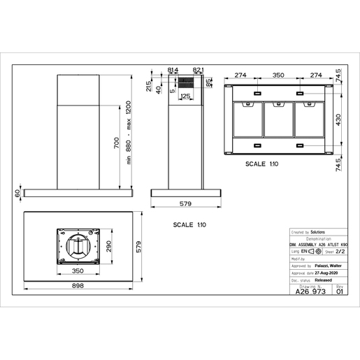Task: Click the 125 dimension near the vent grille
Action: pyautogui.click(x=186, y=96)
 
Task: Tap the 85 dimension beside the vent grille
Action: pyautogui.click(x=209, y=83)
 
